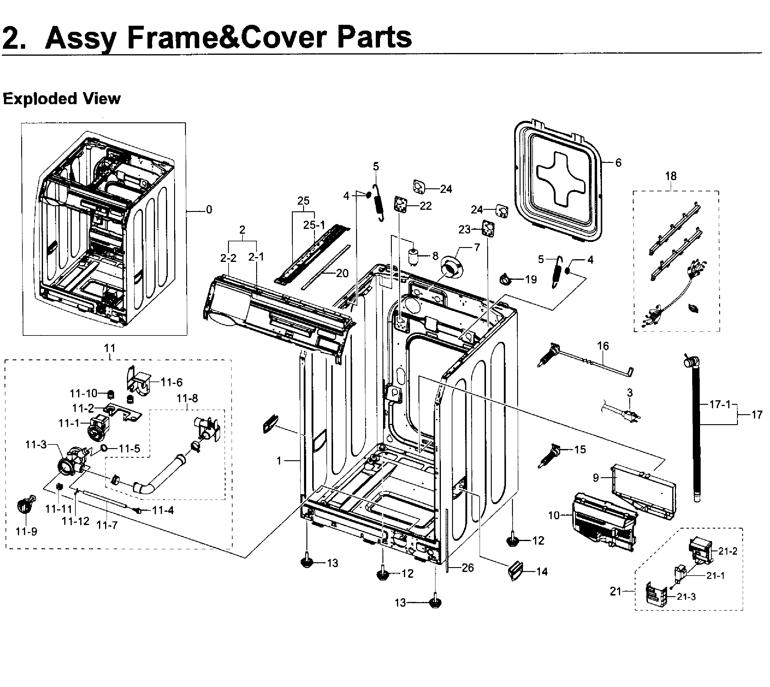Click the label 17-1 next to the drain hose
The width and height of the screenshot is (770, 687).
point(720,405)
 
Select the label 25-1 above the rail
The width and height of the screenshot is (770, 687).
point(314,225)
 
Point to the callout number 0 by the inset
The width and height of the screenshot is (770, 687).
point(209,210)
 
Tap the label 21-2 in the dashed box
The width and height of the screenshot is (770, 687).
point(727,551)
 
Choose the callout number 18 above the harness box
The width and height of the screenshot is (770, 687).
point(671,176)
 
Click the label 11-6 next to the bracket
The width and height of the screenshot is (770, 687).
point(171,382)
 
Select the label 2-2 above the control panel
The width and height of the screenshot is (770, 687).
point(228,258)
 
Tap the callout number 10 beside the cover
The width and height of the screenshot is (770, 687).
point(554,515)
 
